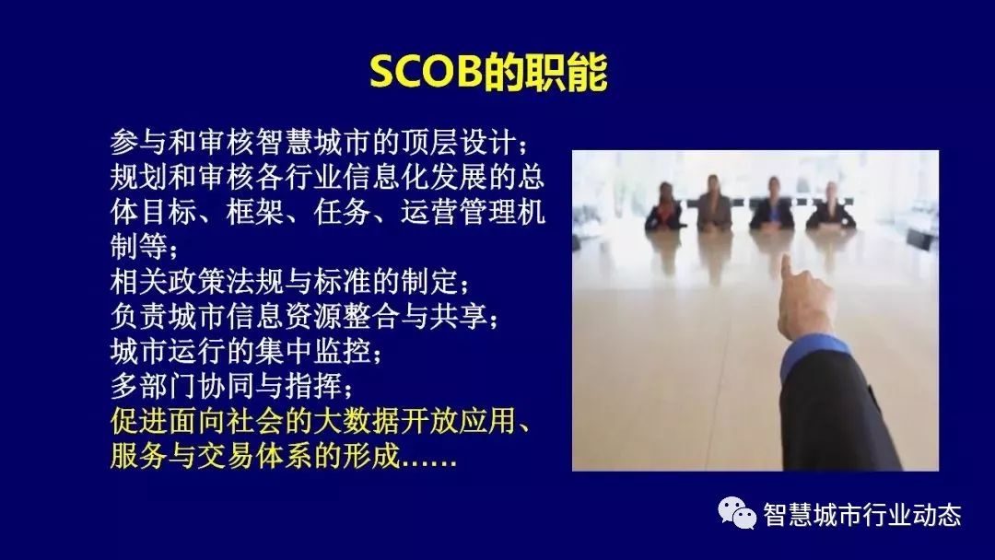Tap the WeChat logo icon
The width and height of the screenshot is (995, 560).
click(737, 513)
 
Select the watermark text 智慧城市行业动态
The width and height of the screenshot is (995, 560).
click(862, 514)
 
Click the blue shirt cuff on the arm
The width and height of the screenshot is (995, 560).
click(814, 356)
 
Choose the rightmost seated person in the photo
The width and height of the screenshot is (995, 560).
click(831, 206)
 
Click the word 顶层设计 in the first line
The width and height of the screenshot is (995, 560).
click(458, 143)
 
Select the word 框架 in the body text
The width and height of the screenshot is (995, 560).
click(256, 212)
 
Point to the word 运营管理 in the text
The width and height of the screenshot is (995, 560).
click(458, 212)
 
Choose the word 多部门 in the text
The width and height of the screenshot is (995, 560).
click(154, 385)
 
